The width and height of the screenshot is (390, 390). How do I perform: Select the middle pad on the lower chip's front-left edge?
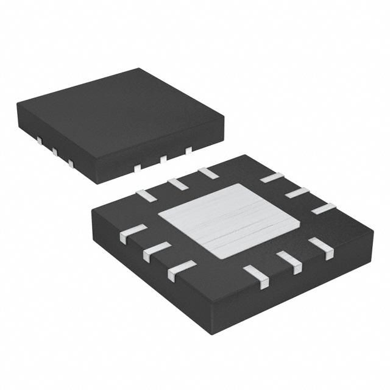coord(157,250)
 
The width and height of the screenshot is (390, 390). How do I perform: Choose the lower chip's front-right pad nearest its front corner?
coord(256,276)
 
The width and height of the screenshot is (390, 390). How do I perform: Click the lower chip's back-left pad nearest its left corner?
coord(146,195)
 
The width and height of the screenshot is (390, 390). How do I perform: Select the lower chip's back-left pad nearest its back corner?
coord(208,172)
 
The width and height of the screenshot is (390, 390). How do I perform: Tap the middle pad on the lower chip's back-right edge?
coord(297,193)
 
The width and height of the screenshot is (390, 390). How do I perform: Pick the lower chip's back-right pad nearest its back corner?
coord(271,178)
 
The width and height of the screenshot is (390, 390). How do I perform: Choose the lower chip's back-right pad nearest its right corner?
coord(324,208)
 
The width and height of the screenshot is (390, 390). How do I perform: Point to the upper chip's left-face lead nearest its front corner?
coord(71,163)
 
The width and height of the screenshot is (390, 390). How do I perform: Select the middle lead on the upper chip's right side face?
coord(163,159)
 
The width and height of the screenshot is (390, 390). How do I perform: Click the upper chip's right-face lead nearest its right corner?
coord(189,149)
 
